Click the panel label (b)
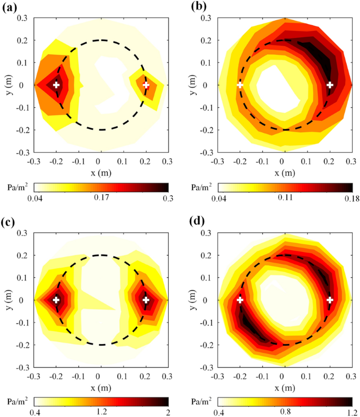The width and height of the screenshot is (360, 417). (192, 7)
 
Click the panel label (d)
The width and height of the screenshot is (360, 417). (192, 222)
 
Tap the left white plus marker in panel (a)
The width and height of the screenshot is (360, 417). (56, 85)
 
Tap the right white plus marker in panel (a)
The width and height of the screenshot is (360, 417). (146, 85)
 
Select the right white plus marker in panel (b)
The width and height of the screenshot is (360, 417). (330, 85)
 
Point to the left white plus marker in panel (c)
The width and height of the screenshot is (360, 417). (56, 300)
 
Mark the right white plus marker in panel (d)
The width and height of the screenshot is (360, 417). (330, 300)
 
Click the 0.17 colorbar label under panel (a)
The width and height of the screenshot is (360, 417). (101, 198)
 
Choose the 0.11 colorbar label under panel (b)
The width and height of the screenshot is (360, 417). (285, 198)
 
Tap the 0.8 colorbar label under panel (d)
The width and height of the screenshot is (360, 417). (285, 413)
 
